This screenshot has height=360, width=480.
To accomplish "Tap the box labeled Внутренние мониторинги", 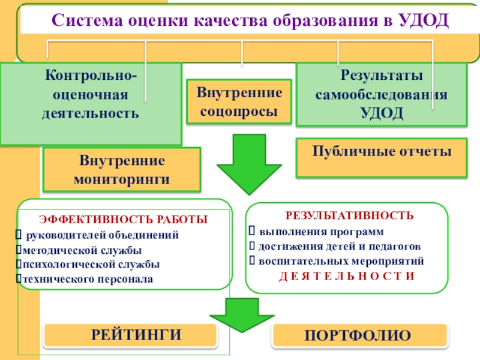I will pyautogui.click(x=122, y=170).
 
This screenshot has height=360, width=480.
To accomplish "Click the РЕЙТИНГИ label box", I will pyautogui.click(x=128, y=335).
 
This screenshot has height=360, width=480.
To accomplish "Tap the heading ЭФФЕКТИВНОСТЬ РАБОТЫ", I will pyautogui.click(x=124, y=220).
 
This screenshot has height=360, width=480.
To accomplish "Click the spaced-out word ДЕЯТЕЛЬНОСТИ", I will pyautogui.click(x=347, y=277).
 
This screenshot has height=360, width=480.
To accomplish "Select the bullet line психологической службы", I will pyautogui.click(x=89, y=264).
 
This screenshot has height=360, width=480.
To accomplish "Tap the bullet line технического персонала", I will pyautogui.click(x=86, y=279).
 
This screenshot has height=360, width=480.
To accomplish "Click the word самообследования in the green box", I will pyautogui.click(x=382, y=95).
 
